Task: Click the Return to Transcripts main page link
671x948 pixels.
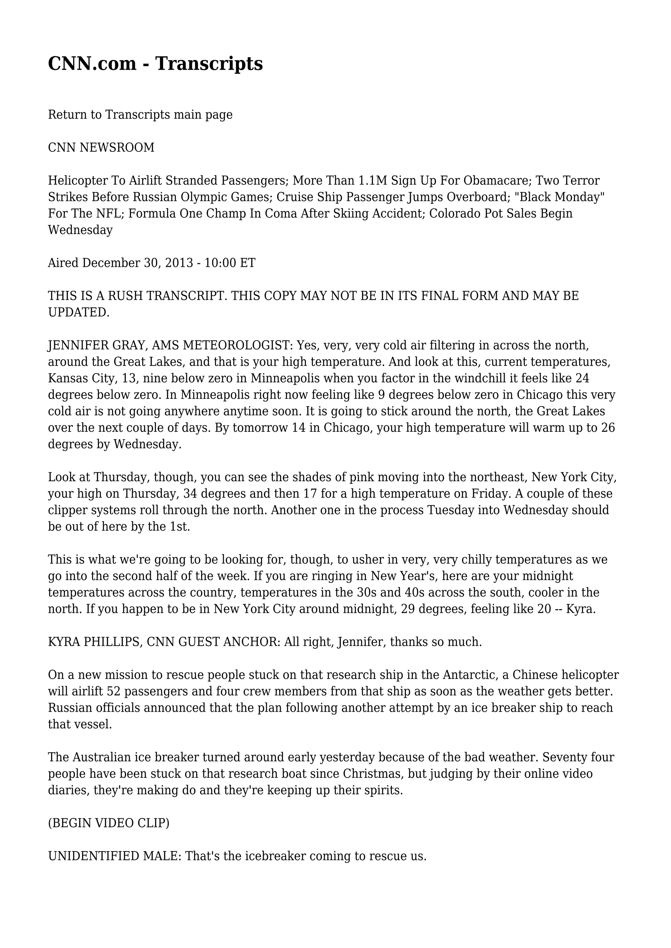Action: (140, 115)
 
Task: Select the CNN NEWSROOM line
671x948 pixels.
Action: (101, 148)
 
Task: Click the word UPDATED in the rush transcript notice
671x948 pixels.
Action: (79, 313)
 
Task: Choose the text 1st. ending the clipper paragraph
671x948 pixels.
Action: (180, 527)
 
